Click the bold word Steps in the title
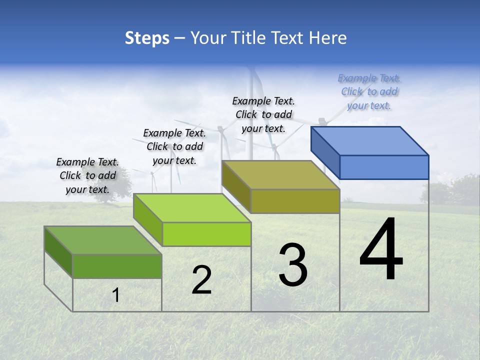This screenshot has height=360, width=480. [147, 38]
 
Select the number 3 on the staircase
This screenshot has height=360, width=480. [293, 265]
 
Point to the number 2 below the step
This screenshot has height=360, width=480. [201, 280]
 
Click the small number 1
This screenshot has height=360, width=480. [115, 295]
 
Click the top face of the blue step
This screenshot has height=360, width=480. [370, 140]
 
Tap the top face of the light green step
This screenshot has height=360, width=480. [192, 208]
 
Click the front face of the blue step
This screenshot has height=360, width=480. [384, 167]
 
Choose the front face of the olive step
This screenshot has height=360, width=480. [295, 201]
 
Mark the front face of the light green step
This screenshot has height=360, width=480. [206, 234]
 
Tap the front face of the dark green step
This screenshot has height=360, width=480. [117, 266]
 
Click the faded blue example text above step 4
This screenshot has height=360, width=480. [369, 91]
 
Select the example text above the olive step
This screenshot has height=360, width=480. [263, 114]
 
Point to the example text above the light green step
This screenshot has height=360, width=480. [174, 146]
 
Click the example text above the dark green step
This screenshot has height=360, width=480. [87, 175]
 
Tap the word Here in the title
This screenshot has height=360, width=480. [328, 38]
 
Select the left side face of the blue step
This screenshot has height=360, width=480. [325, 152]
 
